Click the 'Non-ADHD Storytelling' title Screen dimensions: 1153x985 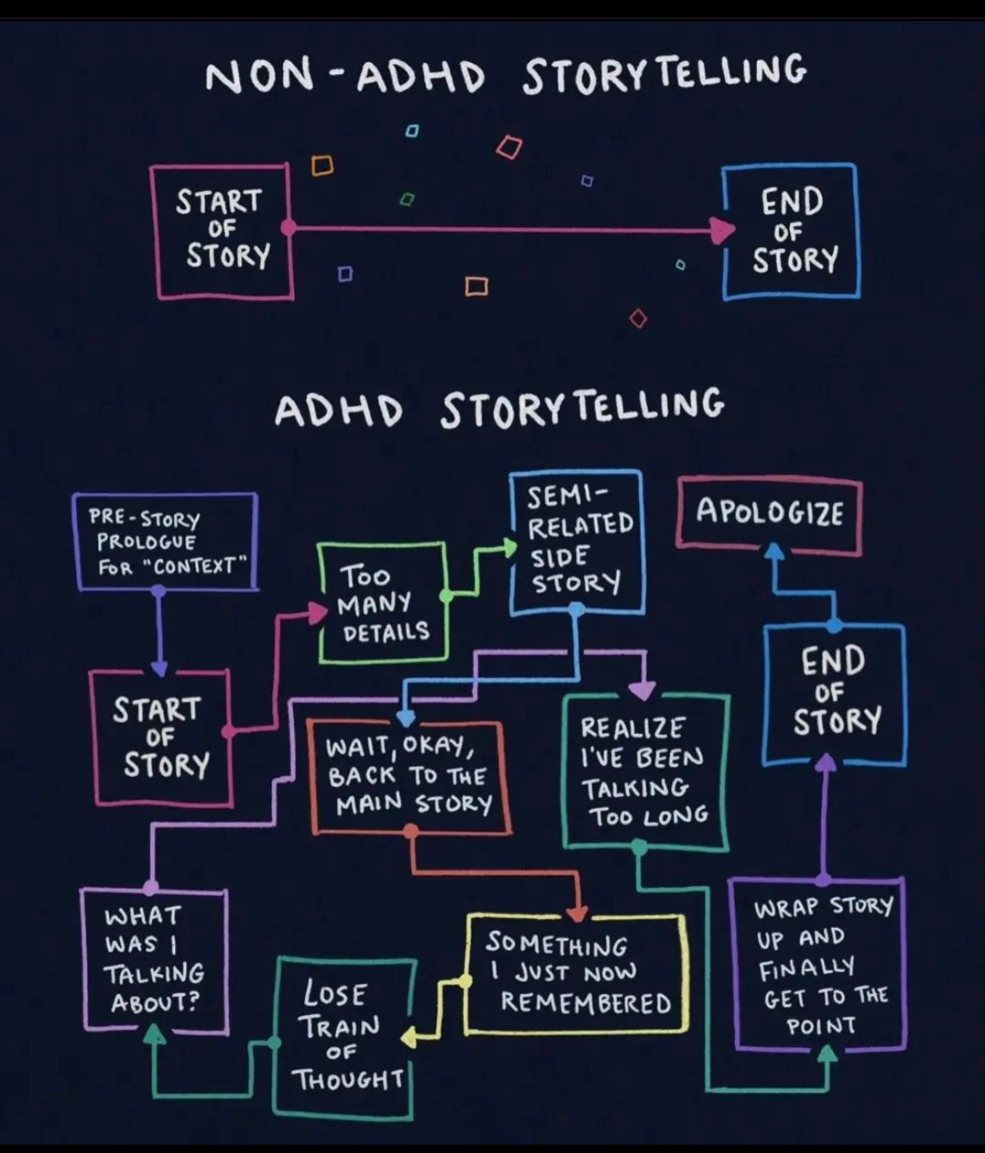point(505,74)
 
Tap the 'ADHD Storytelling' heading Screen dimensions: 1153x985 point(498,408)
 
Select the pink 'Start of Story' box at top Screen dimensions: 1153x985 point(222,231)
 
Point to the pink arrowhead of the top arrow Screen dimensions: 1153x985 point(721,229)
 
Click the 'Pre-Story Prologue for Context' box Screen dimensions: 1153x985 point(165,541)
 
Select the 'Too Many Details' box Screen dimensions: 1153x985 point(383,603)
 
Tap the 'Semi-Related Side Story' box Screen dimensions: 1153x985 point(578,540)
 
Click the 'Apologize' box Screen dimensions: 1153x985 point(769,513)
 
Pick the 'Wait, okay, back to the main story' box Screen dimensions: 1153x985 point(409,777)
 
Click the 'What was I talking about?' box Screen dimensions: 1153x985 point(154,959)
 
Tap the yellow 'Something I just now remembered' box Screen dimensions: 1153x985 point(577,973)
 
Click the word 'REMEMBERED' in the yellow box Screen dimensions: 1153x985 point(586,1003)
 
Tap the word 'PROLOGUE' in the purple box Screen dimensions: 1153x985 point(145,542)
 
